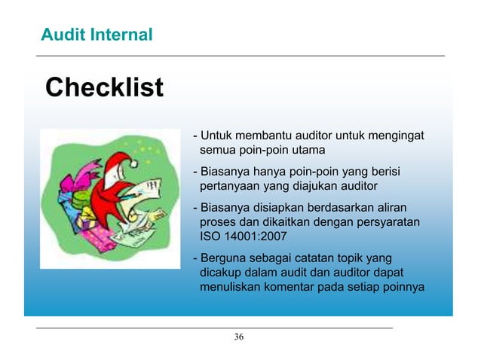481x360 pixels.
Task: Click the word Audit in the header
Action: click(x=63, y=34)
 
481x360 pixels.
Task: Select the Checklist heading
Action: click(x=104, y=87)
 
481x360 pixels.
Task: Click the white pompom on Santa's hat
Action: click(x=133, y=163)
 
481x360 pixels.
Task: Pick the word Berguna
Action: click(x=222, y=258)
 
